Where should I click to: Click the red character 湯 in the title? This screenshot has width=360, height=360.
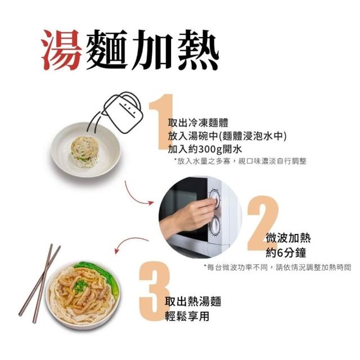[61, 50]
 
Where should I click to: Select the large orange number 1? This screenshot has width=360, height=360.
[161, 122]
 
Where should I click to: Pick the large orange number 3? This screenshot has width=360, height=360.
[154, 291]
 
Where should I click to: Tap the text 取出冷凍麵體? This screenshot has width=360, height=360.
[198, 123]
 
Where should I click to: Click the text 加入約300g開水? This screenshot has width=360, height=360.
[205, 149]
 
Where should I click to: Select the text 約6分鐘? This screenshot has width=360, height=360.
[286, 253]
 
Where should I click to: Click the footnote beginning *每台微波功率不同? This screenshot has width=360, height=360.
[277, 267]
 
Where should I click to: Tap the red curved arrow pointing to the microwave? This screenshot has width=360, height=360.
[137, 196]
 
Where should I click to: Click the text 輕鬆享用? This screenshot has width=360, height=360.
[187, 316]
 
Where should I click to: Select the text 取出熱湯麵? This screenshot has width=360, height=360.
[193, 301]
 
